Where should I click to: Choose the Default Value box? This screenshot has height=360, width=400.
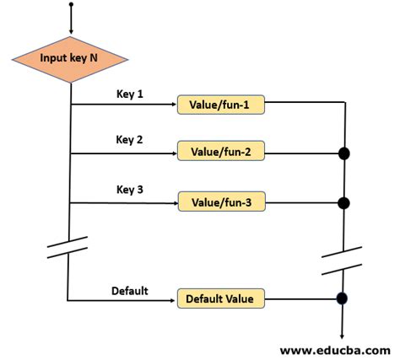click(x=219, y=298)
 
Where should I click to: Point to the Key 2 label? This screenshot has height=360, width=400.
click(x=130, y=140)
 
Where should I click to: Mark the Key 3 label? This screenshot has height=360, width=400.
click(x=130, y=189)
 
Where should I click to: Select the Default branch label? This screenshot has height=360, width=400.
click(x=130, y=291)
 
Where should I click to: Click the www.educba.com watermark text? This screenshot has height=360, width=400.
click(x=334, y=348)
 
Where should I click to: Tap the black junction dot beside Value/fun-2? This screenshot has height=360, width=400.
click(x=344, y=153)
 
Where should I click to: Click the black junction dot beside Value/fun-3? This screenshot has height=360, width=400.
click(x=344, y=203)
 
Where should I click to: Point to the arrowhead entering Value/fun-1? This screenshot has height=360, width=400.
click(x=172, y=105)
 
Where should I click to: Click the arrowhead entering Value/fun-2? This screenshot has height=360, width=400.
click(x=172, y=153)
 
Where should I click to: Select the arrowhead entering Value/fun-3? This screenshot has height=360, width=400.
click(x=172, y=202)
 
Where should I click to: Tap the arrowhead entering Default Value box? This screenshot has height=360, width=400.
click(x=172, y=298)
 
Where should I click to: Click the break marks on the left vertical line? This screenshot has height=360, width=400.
click(x=68, y=246)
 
